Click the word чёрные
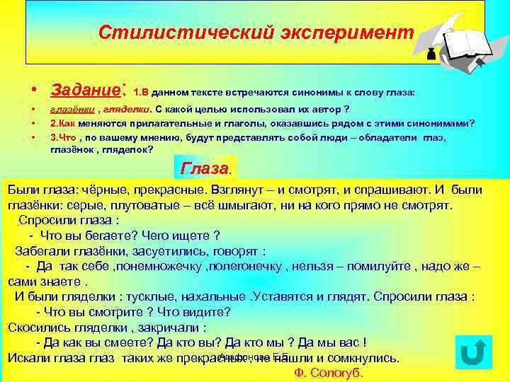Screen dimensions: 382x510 (x=101, y=190)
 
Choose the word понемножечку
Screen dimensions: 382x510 (x=159, y=267)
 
